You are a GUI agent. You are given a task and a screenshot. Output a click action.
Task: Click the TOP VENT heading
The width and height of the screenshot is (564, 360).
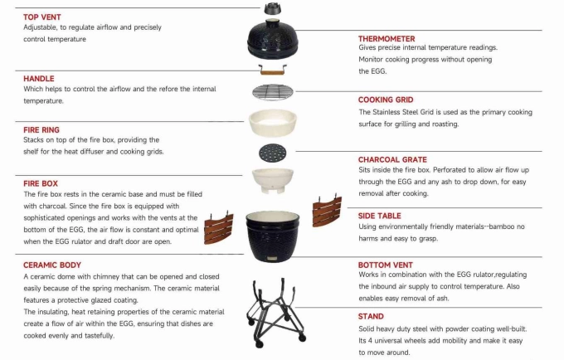click(x=42, y=17)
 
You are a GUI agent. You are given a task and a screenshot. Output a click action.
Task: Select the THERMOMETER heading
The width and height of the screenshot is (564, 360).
click(x=387, y=39)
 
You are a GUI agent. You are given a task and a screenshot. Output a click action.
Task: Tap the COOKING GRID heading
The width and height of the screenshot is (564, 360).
click(x=386, y=100)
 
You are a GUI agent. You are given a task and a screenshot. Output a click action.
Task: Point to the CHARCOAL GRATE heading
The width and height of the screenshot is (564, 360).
click(x=392, y=160)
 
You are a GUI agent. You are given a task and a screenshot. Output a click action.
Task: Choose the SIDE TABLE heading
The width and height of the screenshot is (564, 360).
click(x=380, y=216)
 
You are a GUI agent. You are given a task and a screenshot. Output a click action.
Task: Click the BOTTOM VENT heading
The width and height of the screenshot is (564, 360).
click(x=385, y=265)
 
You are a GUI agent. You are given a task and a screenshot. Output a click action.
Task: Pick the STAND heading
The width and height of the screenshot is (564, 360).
click(x=371, y=317)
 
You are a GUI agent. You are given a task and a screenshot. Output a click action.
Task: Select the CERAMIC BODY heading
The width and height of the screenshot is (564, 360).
click(x=52, y=265)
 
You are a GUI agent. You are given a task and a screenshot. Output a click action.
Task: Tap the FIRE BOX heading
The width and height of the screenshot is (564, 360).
click(x=41, y=184)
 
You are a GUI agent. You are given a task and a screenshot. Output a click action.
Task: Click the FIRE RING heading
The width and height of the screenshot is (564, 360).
click(x=41, y=130)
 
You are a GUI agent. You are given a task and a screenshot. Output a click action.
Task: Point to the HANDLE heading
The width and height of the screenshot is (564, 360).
click(x=39, y=79)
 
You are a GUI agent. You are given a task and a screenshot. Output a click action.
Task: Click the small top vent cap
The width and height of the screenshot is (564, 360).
click(x=272, y=8)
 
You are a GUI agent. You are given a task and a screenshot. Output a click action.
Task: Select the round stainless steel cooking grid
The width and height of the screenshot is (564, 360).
click(x=273, y=92)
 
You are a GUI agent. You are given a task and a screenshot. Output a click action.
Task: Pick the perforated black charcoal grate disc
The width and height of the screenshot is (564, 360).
click(x=273, y=153)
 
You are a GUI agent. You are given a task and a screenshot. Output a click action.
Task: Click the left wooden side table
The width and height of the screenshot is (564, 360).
click(x=219, y=227)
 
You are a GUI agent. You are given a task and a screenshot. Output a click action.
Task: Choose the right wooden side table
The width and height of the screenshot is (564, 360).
click(x=327, y=211)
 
